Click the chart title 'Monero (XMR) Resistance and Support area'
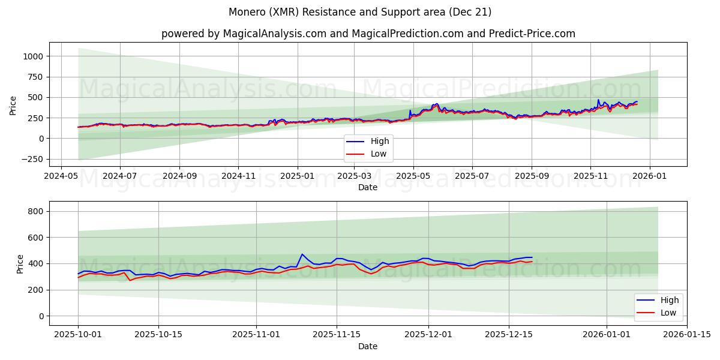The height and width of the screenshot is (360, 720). pyautogui.click(x=360, y=12)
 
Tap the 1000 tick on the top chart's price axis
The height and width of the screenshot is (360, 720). pyautogui.click(x=34, y=56)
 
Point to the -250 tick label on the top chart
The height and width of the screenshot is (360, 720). pyautogui.click(x=32, y=159)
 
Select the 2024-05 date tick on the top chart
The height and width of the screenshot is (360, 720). pyautogui.click(x=61, y=176)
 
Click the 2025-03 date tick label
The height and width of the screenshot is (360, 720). pyautogui.click(x=355, y=176)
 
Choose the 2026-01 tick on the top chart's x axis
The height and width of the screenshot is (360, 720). pyautogui.click(x=650, y=176)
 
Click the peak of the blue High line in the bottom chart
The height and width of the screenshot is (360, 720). pyautogui.click(x=302, y=254)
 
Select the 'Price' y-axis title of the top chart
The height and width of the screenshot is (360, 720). pyautogui.click(x=13, y=105)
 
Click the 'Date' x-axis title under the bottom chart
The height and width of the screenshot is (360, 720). pyautogui.click(x=368, y=346)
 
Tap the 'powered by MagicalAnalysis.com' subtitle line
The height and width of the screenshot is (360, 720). pyautogui.click(x=368, y=34)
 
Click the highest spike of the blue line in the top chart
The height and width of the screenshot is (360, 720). pyautogui.click(x=598, y=100)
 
